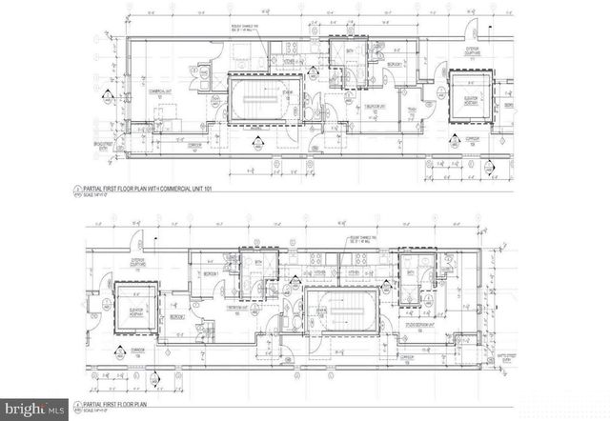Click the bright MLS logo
(x=34, y=409)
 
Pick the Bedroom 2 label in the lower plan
(x=176, y=317)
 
